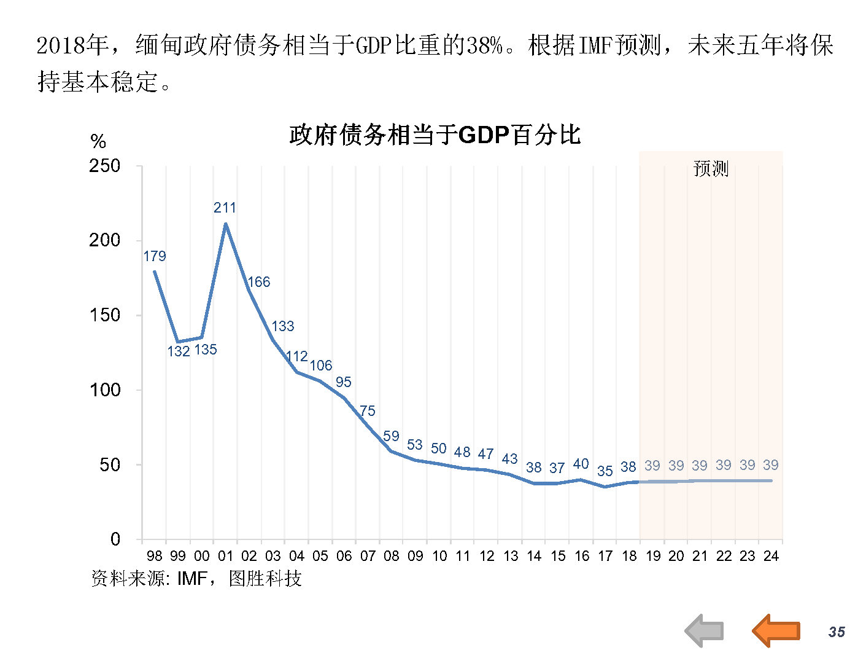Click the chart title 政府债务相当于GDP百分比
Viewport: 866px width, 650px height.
coord(435,135)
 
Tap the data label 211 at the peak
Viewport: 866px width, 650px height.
coord(225,208)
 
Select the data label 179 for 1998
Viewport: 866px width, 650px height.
coord(155,256)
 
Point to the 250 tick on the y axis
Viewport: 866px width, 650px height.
coord(104,166)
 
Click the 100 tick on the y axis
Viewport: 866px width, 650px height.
coord(105,390)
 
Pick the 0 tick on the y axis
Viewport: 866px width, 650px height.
coord(115,539)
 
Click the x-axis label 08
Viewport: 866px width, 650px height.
coord(392,556)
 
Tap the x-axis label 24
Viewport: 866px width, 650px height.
coord(771,556)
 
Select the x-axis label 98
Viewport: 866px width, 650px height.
coord(155,556)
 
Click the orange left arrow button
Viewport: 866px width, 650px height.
coord(776,630)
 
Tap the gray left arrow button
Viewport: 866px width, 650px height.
coord(705,630)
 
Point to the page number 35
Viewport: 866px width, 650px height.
coord(837,632)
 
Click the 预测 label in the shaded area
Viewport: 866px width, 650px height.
coord(710,168)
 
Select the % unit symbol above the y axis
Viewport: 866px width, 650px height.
coord(98,142)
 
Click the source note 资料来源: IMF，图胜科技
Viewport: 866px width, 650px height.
coord(196,578)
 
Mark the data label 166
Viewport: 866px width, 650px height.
coord(258,282)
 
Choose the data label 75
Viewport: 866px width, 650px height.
coord(367,410)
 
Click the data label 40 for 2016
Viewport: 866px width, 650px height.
coord(581,464)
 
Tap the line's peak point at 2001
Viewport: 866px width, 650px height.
coord(226,224)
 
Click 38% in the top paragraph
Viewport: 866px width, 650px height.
coord(484,45)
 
